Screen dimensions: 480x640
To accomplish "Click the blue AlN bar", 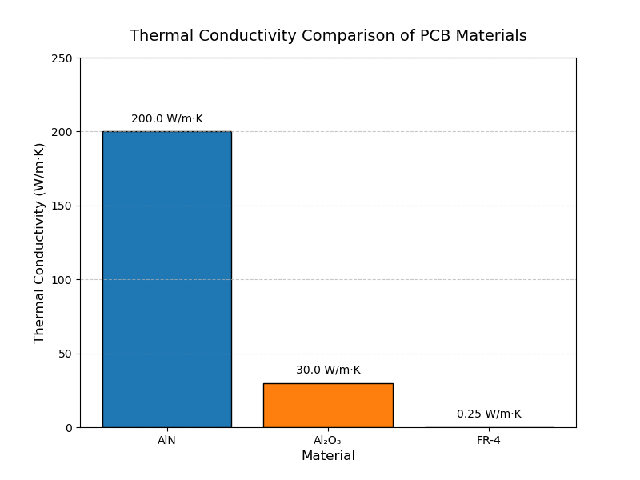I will (166, 279).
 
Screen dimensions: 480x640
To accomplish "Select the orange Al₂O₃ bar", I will (328, 405).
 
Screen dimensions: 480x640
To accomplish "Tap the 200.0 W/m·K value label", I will (166, 119).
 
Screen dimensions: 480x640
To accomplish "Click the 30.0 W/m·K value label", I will (328, 370).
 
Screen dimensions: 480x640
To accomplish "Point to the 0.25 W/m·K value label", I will (489, 414).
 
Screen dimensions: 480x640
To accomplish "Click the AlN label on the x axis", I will (166, 440).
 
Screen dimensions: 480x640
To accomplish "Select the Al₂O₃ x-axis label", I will (327, 440).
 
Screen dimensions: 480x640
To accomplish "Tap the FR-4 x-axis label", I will (488, 440).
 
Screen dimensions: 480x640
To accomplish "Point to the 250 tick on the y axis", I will (64, 58).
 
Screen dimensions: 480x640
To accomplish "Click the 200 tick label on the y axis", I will (64, 132).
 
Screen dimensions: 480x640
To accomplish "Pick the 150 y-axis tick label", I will (64, 206).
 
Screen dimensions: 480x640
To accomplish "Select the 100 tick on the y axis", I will (64, 280).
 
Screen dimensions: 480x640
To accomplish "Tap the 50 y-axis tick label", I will (66, 354).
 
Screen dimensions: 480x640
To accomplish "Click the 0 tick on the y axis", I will (70, 428).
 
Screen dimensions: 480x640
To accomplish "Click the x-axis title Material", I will (328, 456).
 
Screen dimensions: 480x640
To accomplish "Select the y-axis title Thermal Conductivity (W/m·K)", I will (39, 243).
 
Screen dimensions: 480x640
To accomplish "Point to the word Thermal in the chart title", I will (158, 36).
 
